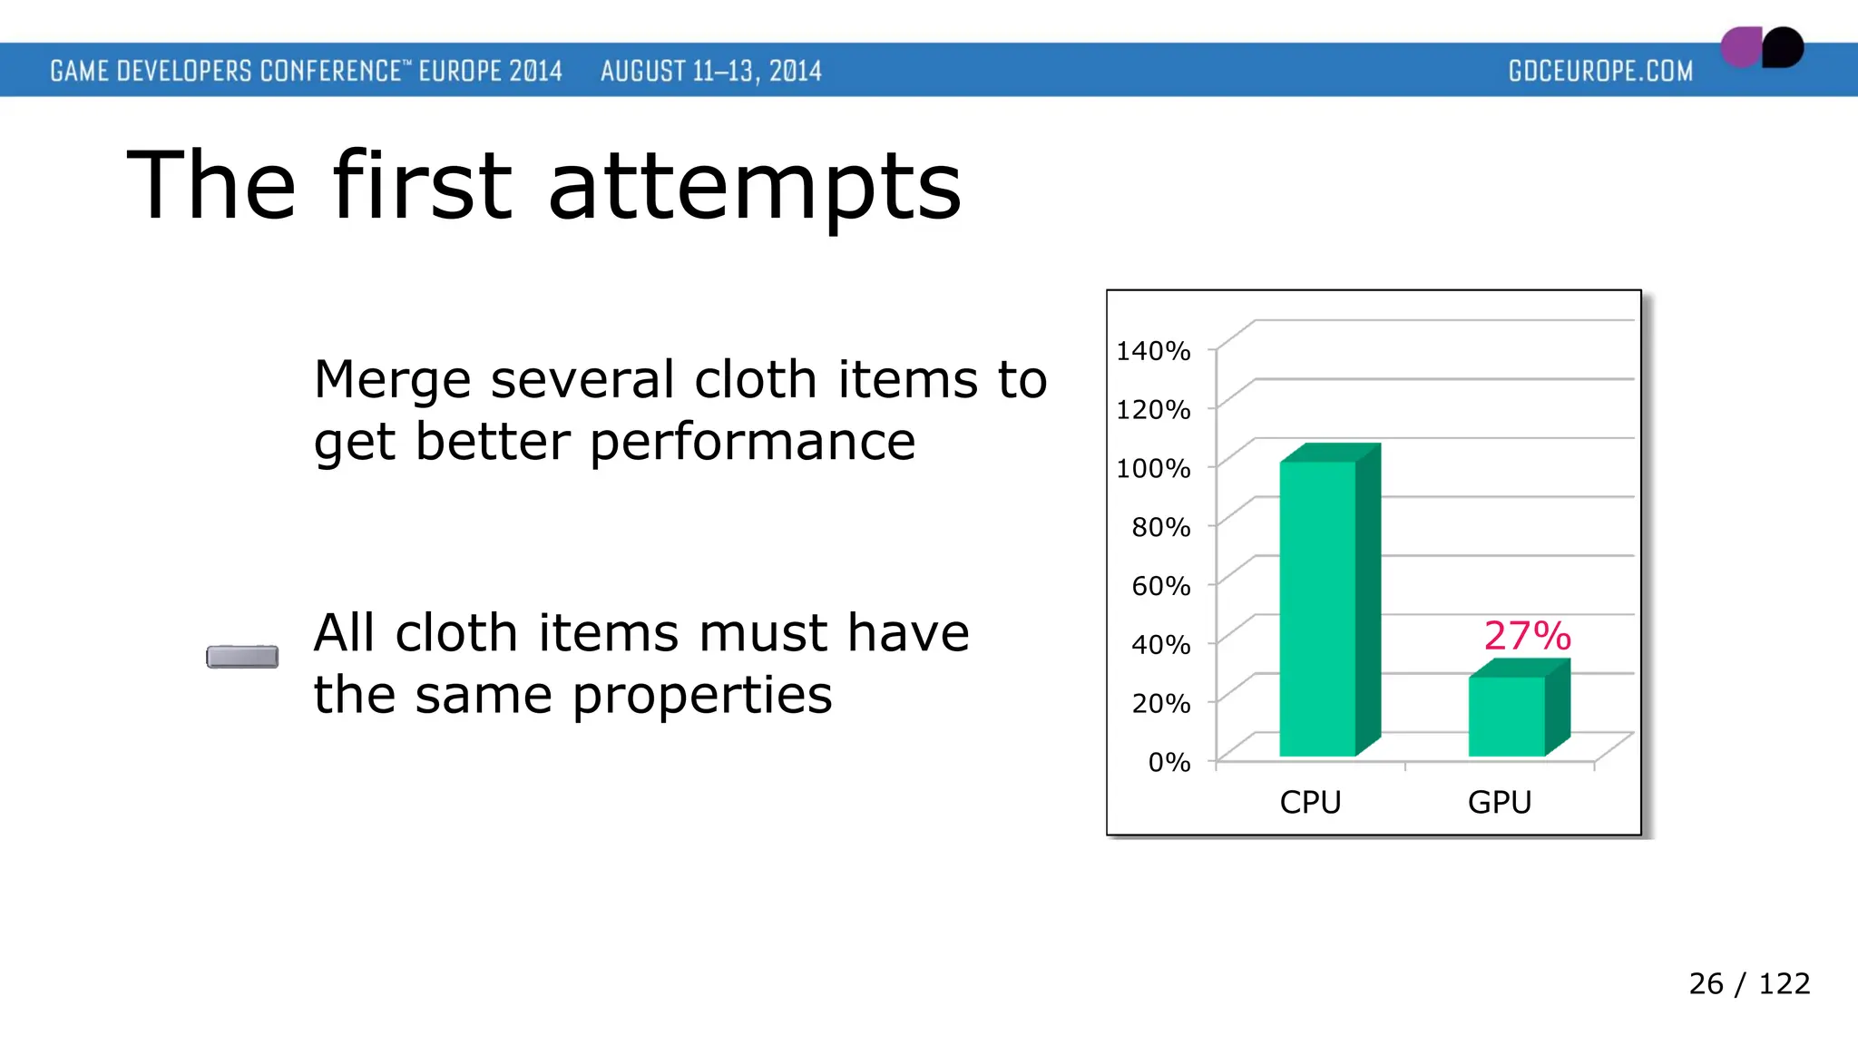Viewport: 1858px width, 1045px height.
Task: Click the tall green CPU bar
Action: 1317,608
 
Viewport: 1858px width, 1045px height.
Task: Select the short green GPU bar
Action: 1507,716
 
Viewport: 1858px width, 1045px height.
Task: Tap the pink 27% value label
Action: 1527,635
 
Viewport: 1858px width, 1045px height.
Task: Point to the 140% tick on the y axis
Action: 1153,350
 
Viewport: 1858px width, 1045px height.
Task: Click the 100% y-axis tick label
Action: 1153,468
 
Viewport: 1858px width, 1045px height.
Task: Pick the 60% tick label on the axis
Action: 1160,585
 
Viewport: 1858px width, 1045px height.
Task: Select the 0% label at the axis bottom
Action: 1169,761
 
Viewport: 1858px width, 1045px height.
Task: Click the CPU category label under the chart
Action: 1310,802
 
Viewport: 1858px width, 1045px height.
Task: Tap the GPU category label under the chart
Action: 1499,802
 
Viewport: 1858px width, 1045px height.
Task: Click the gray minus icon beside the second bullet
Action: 242,656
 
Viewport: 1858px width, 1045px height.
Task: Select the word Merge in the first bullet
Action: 392,379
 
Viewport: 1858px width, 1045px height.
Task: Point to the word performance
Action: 753,443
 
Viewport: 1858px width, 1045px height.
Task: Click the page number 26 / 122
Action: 1748,983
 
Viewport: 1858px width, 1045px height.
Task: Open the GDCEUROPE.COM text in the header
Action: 1600,71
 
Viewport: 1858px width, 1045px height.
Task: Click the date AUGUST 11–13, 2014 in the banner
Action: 710,71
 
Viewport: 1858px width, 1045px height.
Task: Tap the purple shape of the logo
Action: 1740,47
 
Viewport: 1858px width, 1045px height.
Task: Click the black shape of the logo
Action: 1784,47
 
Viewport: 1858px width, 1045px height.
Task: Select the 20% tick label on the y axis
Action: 1160,703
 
